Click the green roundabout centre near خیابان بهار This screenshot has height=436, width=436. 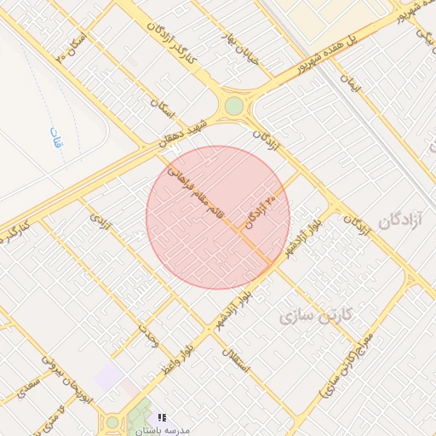click(x=233, y=106)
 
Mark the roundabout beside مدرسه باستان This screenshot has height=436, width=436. click(x=112, y=422)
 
